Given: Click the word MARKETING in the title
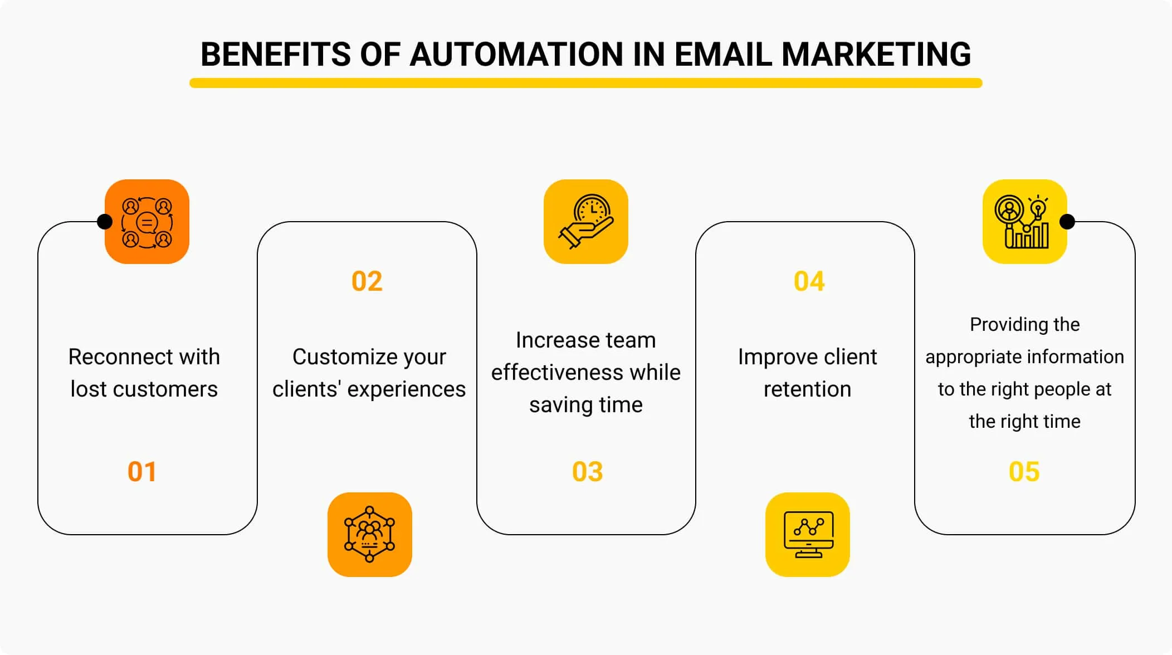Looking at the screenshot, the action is coord(876,54).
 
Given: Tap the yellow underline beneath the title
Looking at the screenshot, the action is coord(585,83).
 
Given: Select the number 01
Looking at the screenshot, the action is coord(142,472).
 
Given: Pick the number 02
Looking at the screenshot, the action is coord(367,281).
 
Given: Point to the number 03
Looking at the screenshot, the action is coord(587,472).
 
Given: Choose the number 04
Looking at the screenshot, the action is coord(809,281).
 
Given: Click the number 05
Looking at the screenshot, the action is coord(1024,472).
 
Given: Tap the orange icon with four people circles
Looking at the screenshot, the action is coord(147,222).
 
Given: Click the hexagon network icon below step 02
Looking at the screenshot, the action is coord(370,535).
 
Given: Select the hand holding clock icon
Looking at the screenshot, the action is coord(586,222).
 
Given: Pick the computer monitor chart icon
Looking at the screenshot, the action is coord(808,535).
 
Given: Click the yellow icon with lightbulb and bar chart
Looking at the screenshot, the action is coord(1025,222).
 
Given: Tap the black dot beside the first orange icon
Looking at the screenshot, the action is coord(105,222).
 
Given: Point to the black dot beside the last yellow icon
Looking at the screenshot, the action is coord(1067,222).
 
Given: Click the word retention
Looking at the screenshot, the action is coord(807,389).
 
